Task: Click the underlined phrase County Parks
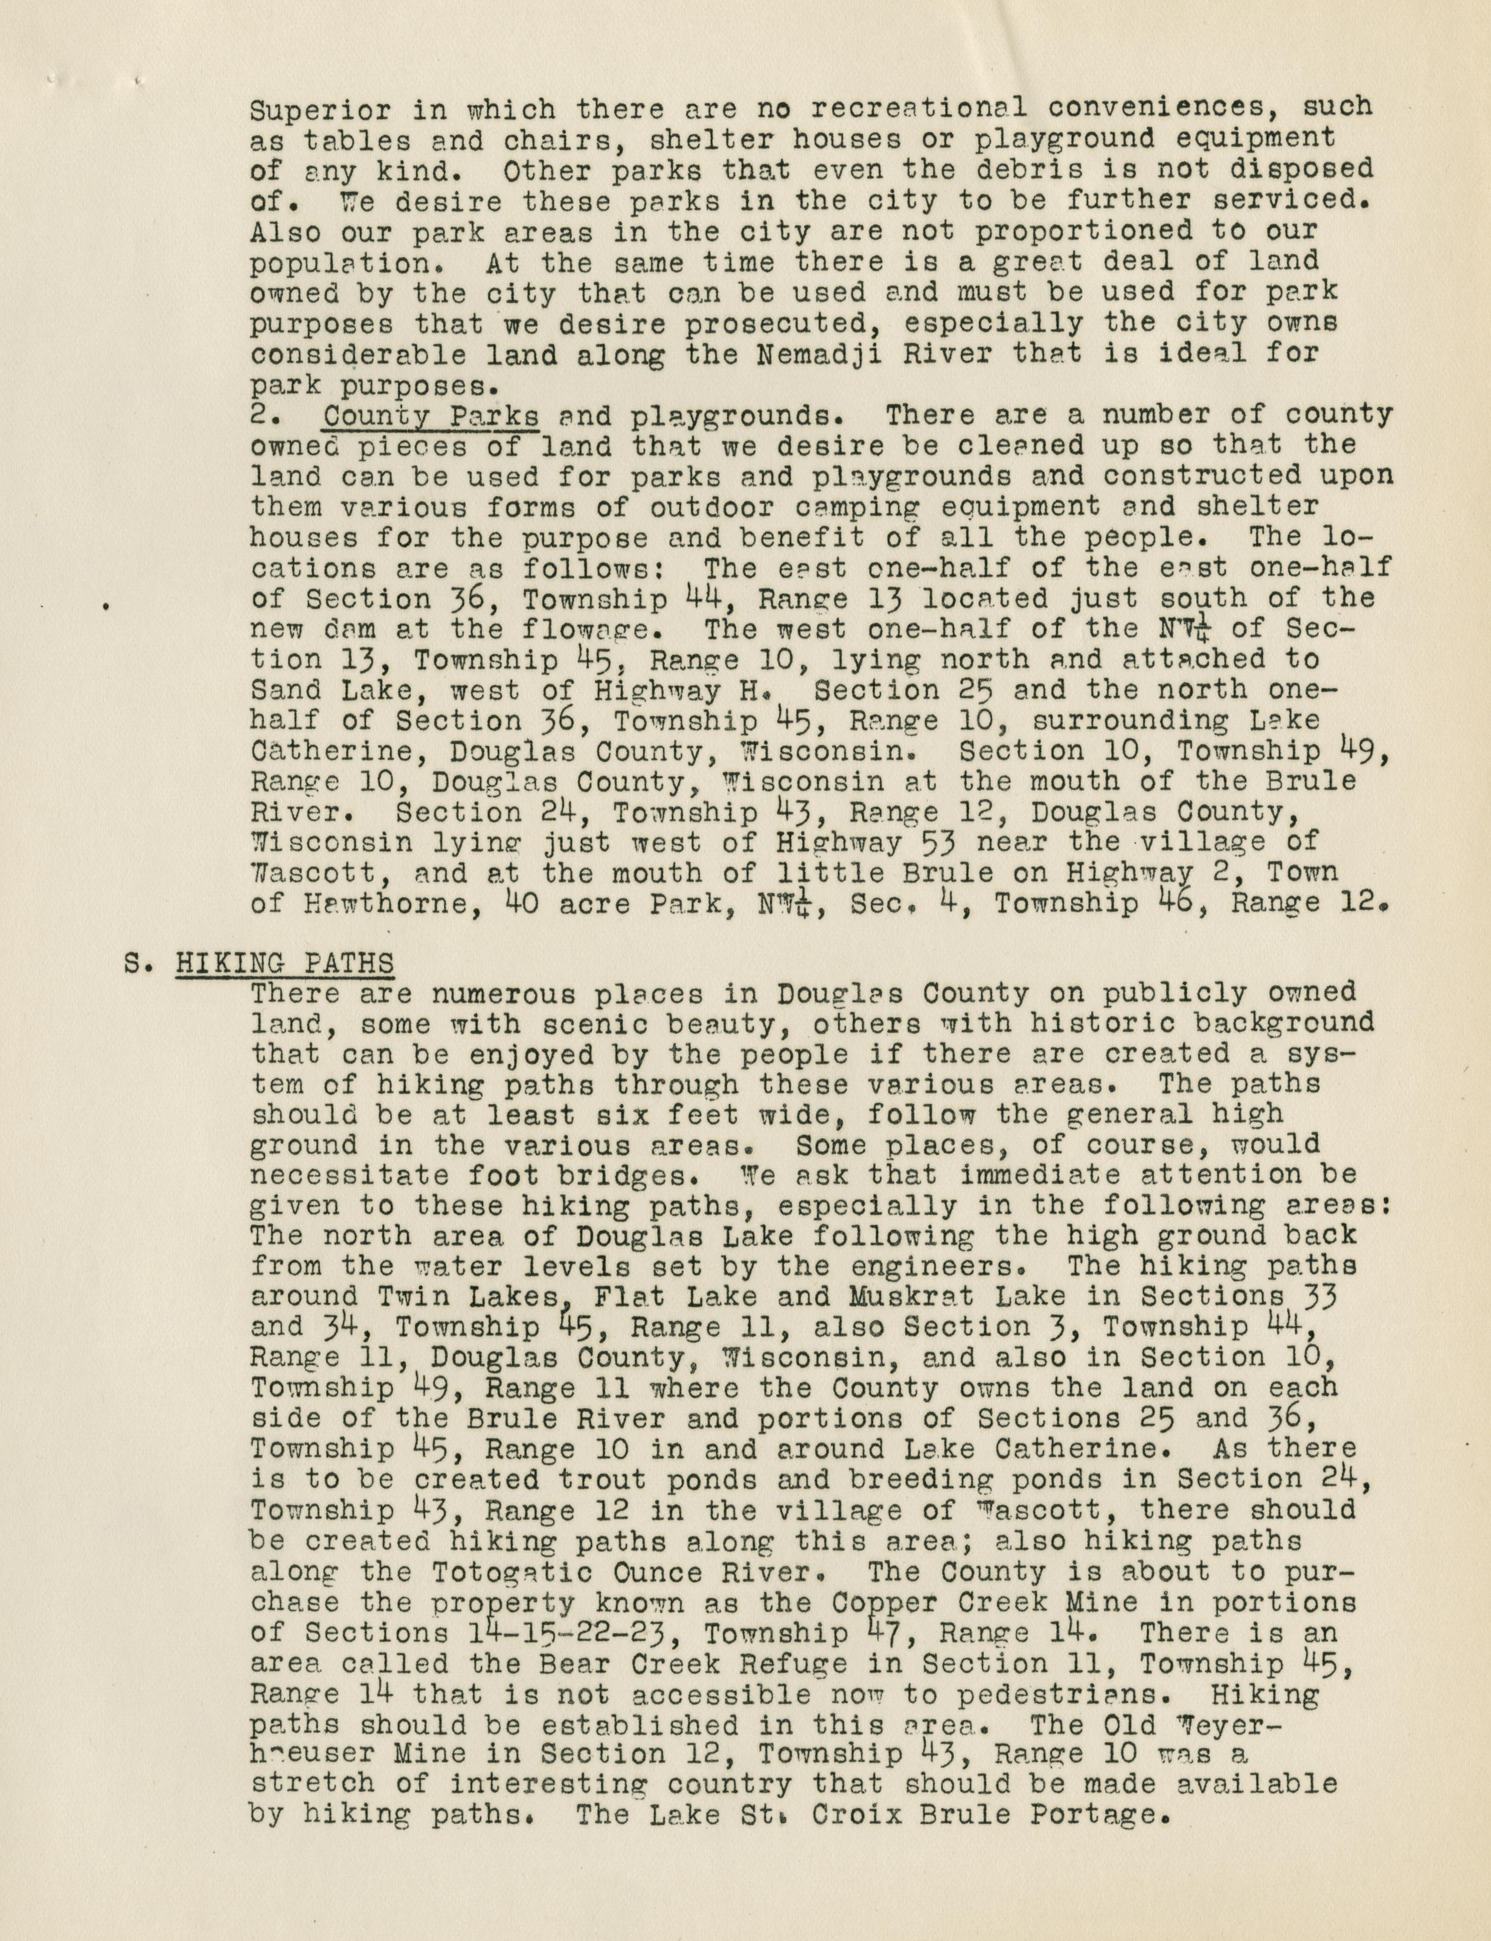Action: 431,416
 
